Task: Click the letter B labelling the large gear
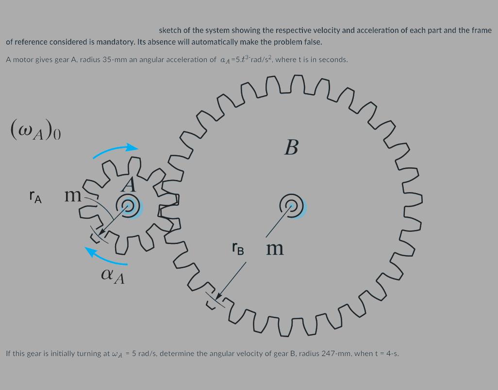click(291, 146)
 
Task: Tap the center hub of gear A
click(129, 207)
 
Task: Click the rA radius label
click(35, 196)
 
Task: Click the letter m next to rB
click(275, 249)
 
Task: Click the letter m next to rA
click(73, 195)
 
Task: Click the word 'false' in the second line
click(311, 42)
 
